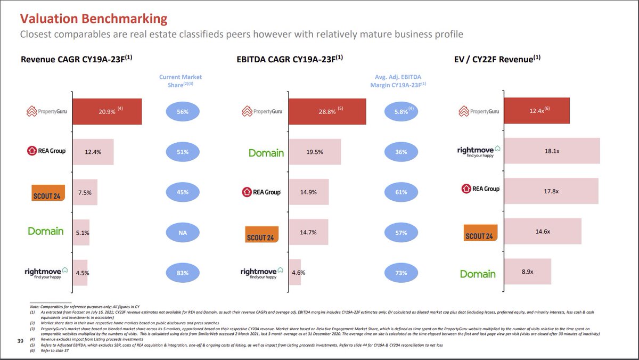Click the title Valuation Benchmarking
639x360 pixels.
tap(93, 19)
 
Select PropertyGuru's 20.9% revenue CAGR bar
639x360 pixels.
tap(107, 111)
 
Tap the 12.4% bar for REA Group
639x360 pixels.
tap(93, 152)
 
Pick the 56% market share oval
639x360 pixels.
tap(183, 111)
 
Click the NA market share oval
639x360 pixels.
tap(183, 232)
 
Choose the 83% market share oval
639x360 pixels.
tap(183, 273)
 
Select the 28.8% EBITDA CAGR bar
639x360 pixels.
tap(327, 111)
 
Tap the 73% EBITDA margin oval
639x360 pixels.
tap(400, 273)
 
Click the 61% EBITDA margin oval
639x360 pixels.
tap(400, 192)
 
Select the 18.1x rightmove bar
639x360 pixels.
tap(552, 151)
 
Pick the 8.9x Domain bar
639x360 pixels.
tap(527, 272)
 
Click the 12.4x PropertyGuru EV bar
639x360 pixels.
tap(537, 111)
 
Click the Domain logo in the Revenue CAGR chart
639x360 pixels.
tap(46, 232)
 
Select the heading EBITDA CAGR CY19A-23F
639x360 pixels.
tap(289, 59)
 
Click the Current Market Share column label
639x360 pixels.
tap(181, 81)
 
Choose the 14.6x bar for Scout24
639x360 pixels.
tap(543, 232)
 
